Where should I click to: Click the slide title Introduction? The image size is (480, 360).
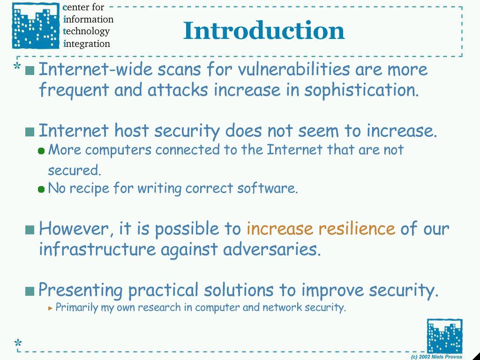tap(264, 30)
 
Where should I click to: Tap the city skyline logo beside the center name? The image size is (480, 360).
tap(36, 26)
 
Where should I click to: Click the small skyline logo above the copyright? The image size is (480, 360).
tap(444, 336)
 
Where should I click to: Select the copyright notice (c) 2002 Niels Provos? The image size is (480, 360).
tap(436, 357)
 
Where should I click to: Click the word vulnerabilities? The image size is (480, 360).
tap(293, 69)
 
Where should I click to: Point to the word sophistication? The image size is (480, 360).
tap(361, 90)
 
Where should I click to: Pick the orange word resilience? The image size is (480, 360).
tap(357, 228)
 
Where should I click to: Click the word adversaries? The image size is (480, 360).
tap(272, 249)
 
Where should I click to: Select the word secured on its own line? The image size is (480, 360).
tap(75, 170)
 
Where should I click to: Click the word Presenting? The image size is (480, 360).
tap(81, 290)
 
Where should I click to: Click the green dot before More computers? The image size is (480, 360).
tap(41, 151)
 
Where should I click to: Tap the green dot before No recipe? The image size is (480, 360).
tap(41, 189)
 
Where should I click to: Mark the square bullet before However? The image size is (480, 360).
tap(30, 230)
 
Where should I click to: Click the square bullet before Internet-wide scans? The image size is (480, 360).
tap(30, 71)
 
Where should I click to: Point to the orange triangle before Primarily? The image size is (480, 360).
tap(51, 308)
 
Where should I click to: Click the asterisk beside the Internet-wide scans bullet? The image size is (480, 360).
tap(17, 66)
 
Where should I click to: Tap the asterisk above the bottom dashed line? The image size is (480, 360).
tap(18, 343)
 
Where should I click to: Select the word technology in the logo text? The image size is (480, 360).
tap(86, 31)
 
